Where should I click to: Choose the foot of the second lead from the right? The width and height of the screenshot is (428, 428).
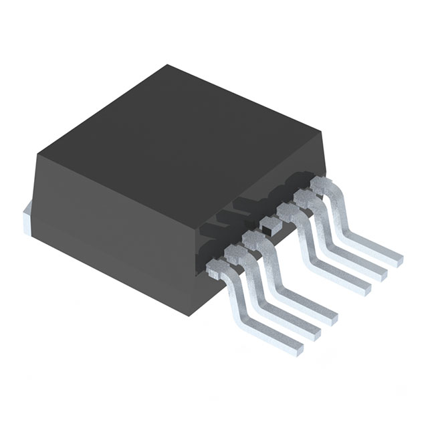pos(381,270)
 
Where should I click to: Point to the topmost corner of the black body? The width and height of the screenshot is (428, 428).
pos(168,66)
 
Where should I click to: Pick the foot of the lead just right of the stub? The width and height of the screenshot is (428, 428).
pos(364,285)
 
